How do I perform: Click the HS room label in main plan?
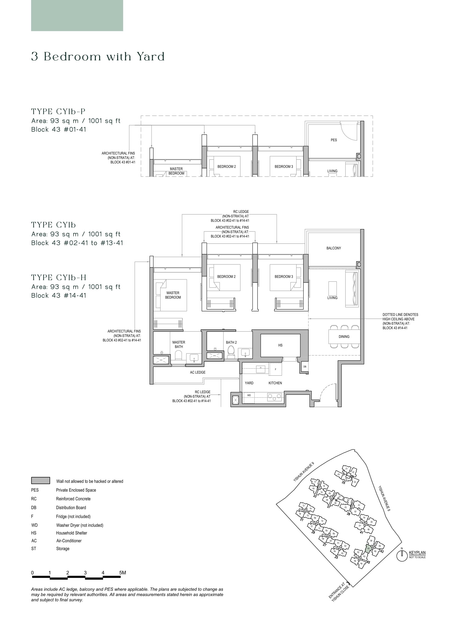pos(280,345)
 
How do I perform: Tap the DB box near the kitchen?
pos(305,367)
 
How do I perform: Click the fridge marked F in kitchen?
pos(275,369)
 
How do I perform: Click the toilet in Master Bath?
pos(178,355)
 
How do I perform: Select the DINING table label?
pos(344,337)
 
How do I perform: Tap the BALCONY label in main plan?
pos(333,248)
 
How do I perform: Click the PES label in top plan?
pos(334,140)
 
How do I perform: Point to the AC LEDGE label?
pos(198,372)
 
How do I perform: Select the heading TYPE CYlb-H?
pos(59,278)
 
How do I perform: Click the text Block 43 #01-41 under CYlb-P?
pos(59,130)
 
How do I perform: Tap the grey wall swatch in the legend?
pos(41,480)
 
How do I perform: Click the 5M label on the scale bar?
pos(122,573)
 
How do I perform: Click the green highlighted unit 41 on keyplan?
pos(368,549)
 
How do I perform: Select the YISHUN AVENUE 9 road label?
pos(304,471)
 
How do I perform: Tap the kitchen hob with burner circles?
pos(274,397)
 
